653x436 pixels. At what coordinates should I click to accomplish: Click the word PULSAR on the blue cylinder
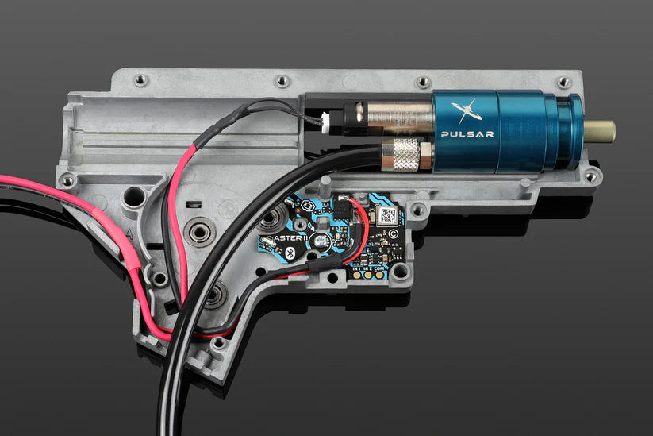[x=467, y=134]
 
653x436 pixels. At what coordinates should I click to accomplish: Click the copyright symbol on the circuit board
[x=394, y=235]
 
